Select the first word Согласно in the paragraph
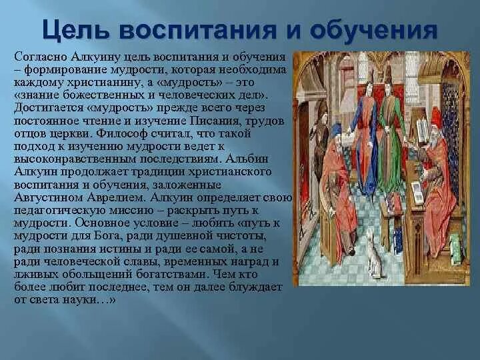[x=38, y=59]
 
